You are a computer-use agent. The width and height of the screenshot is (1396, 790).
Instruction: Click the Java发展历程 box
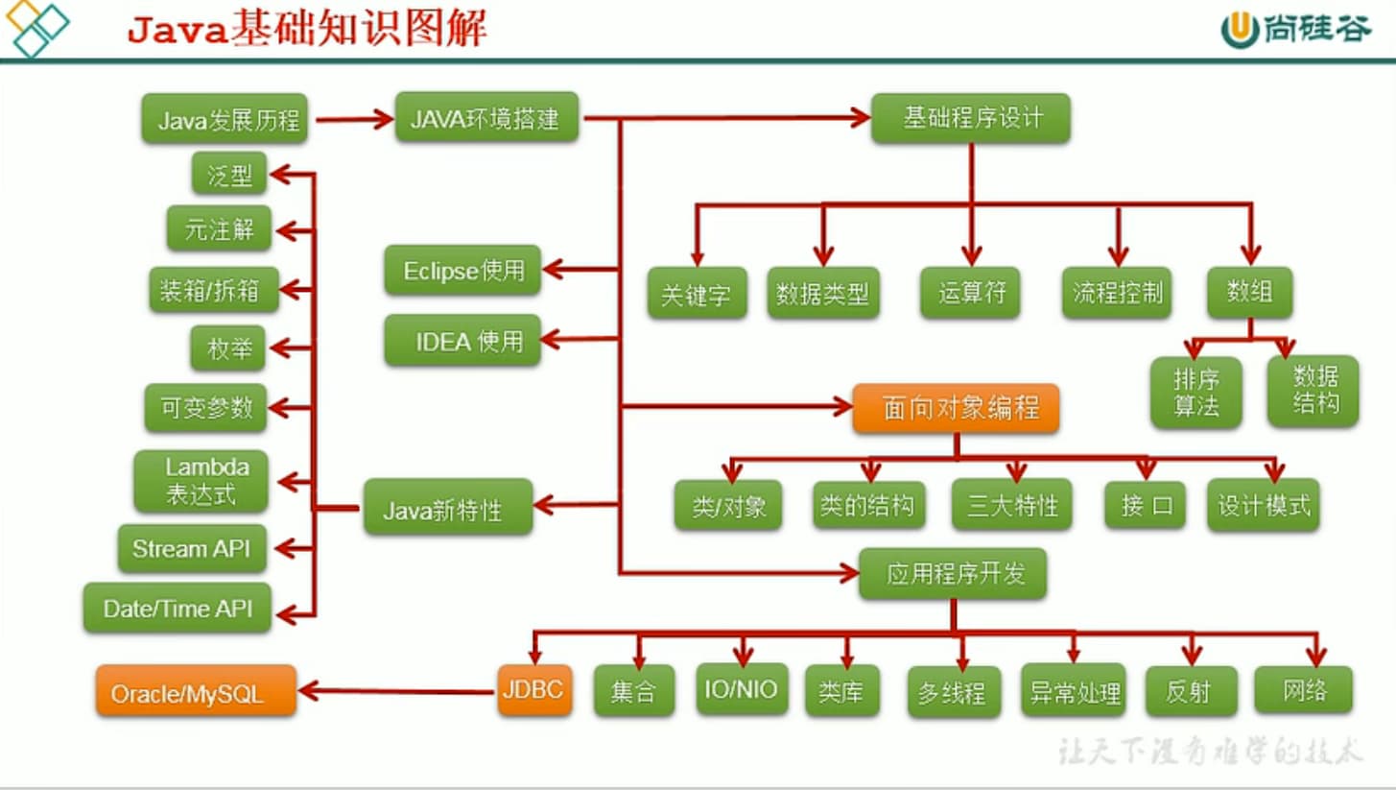(x=225, y=118)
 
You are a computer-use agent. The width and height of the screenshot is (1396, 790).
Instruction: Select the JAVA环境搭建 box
(x=486, y=117)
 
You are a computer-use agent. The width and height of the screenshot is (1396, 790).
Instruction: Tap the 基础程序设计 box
(x=970, y=118)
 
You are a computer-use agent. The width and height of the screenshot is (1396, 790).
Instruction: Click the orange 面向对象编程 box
(x=956, y=408)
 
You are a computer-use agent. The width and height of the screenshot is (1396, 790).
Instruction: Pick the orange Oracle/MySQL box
(x=196, y=690)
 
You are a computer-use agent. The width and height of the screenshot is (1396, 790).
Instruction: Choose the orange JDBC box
(x=534, y=689)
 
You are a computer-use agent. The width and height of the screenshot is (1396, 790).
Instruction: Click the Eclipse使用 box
(x=462, y=270)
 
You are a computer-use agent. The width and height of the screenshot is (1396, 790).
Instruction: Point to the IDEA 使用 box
(x=462, y=340)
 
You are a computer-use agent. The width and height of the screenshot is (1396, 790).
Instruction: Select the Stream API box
(x=192, y=549)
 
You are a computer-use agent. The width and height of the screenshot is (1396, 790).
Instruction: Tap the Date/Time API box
(x=177, y=608)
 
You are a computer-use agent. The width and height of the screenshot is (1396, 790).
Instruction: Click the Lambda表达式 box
(x=201, y=481)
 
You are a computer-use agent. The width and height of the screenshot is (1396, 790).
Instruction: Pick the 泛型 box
(x=228, y=174)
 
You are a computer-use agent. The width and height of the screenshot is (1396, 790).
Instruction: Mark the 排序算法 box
(x=1195, y=393)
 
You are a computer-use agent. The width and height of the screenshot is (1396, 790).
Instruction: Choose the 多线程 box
(x=954, y=691)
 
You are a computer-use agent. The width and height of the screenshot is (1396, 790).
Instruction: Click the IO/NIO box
(x=742, y=689)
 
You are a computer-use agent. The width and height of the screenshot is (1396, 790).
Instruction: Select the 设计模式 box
(x=1264, y=505)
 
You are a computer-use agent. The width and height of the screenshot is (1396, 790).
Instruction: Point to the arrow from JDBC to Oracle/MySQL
(x=397, y=691)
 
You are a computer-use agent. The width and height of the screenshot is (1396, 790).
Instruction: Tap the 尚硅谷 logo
(x=1296, y=30)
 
